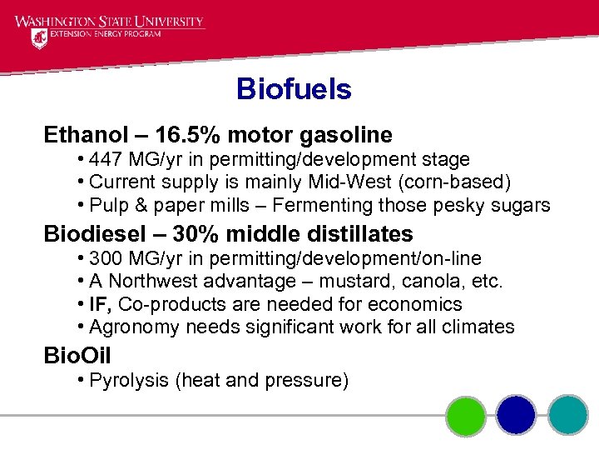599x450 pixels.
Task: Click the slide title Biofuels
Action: pos(294,89)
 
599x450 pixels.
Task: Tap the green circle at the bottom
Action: pos(465,415)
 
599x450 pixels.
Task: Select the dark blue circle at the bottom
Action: pos(517,415)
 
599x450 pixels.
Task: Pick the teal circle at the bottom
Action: pos(568,415)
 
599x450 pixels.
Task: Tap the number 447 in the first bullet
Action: pos(106,159)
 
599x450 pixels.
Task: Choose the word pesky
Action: pos(463,205)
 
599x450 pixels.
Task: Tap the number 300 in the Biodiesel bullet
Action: pos(106,258)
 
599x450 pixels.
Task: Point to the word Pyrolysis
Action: pos(128,381)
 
